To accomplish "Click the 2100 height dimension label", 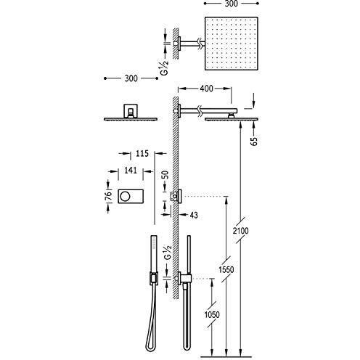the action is (240, 231).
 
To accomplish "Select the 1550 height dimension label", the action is (226, 269).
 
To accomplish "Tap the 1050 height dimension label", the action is (212, 314).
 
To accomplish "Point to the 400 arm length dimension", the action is (206, 89).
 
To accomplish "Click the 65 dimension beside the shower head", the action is (254, 141).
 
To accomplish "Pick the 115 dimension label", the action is (142, 153).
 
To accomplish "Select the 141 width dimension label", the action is (131, 171).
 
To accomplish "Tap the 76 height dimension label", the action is (109, 195).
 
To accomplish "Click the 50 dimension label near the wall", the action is (165, 175).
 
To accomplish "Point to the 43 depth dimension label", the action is (194, 215).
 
